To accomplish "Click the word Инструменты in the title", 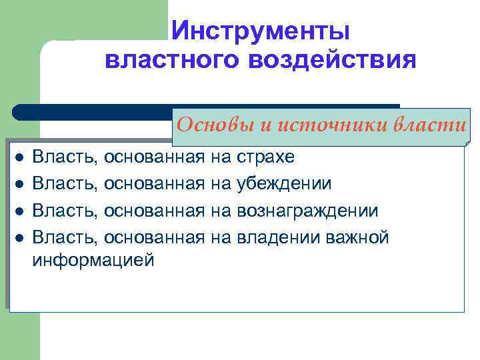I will click(260, 31).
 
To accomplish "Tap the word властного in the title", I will click(172, 60).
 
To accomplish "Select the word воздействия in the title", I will click(333, 60).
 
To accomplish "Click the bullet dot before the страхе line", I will click(20, 158).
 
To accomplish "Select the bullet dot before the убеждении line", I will click(20, 185).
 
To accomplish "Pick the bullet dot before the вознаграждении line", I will click(20, 211).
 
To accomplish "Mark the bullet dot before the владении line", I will click(20, 238).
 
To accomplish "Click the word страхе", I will click(269, 157).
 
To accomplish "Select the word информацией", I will click(93, 260).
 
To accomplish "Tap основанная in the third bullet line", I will click(154, 211).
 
